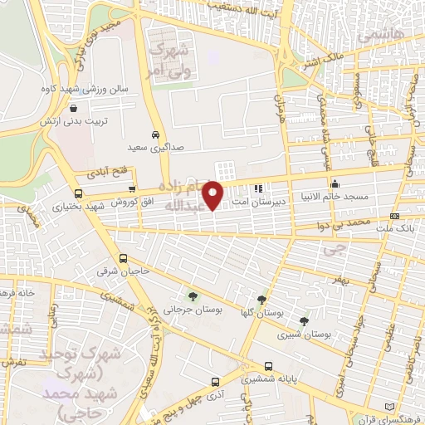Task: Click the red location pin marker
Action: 214,196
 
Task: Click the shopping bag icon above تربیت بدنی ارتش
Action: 74,108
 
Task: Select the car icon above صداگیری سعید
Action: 156,134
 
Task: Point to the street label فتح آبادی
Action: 104,173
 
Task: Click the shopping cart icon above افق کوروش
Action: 132,188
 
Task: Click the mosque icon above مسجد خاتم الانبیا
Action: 335,184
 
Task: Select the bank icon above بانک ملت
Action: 394,217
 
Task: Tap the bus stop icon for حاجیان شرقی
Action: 124,257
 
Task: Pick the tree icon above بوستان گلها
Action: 262,300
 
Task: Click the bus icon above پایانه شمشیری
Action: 268,365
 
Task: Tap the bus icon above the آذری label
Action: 216,381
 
